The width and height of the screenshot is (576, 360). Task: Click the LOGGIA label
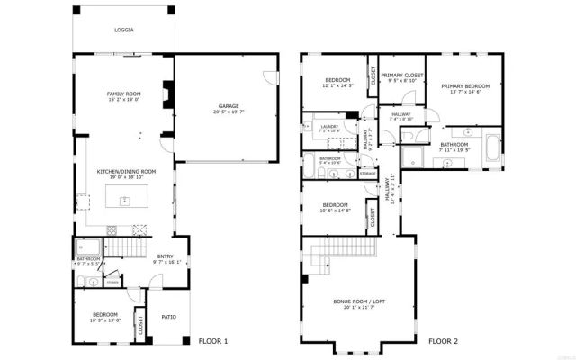(124, 30)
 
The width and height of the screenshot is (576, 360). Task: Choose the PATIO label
(168, 316)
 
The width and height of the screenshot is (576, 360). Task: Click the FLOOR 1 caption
(213, 341)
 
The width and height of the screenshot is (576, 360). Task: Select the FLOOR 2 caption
(443, 341)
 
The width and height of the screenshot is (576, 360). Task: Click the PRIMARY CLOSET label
(402, 76)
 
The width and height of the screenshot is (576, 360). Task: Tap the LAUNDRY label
(330, 127)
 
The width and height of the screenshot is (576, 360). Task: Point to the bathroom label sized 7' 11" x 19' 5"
(454, 146)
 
